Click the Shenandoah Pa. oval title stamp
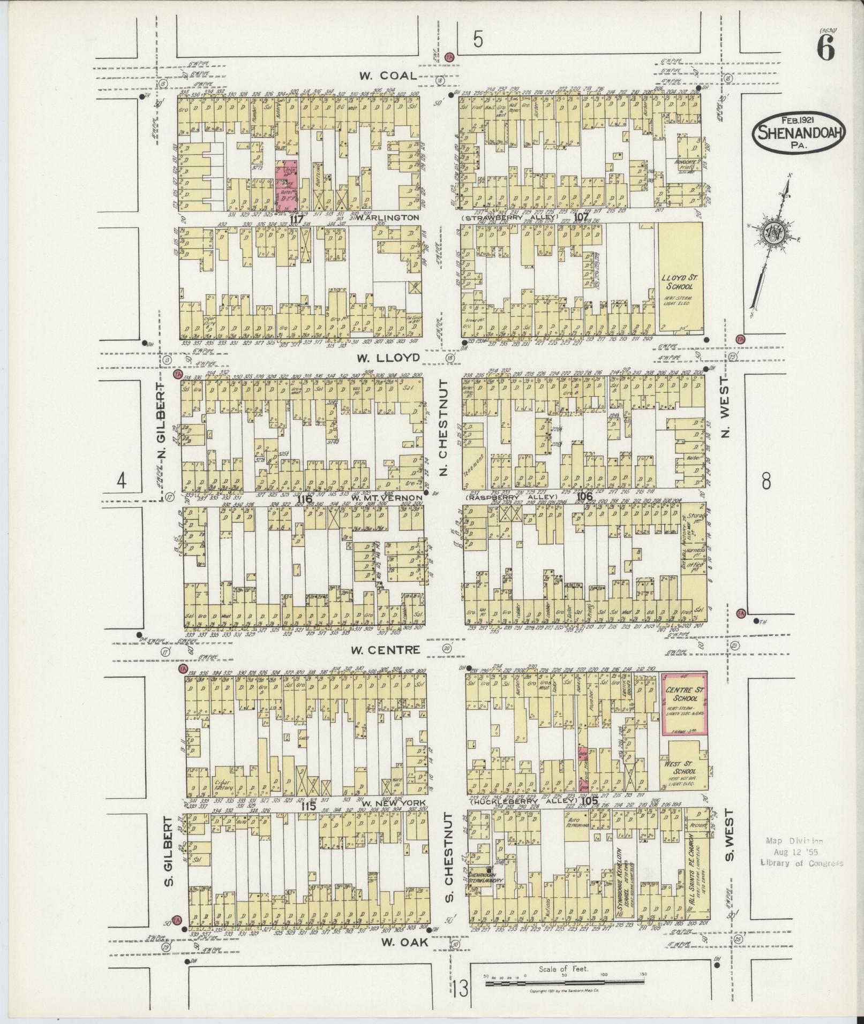(x=801, y=132)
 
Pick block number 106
(x=584, y=497)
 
